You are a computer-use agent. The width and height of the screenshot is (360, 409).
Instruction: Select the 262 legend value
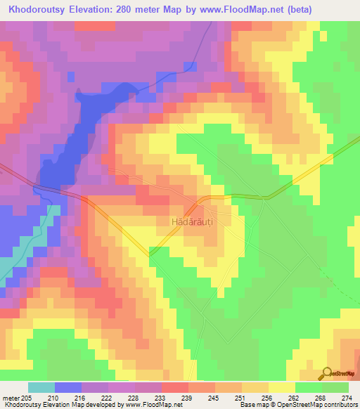[x=294, y=398]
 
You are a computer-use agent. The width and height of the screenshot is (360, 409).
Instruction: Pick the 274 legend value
[x=347, y=398]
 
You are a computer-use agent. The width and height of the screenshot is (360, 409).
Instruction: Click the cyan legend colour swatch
[x=41, y=387]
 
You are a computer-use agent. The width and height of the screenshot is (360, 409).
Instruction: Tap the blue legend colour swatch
[x=67, y=387]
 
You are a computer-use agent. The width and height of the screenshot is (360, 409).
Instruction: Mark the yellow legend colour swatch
[x=281, y=387]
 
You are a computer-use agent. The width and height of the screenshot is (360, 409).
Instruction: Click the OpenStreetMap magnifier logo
[x=326, y=373]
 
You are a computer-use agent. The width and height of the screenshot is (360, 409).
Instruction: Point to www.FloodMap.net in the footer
[x=148, y=405]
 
